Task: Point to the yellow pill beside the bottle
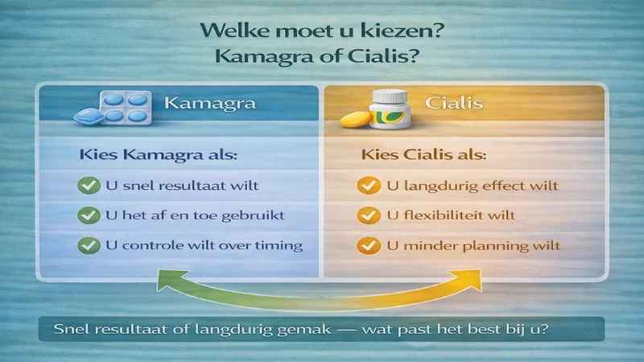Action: click(x=355, y=121)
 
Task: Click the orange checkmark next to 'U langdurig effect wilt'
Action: click(x=367, y=186)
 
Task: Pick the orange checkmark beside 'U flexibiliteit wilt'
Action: click(x=367, y=215)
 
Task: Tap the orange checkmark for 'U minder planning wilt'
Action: click(x=367, y=245)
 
